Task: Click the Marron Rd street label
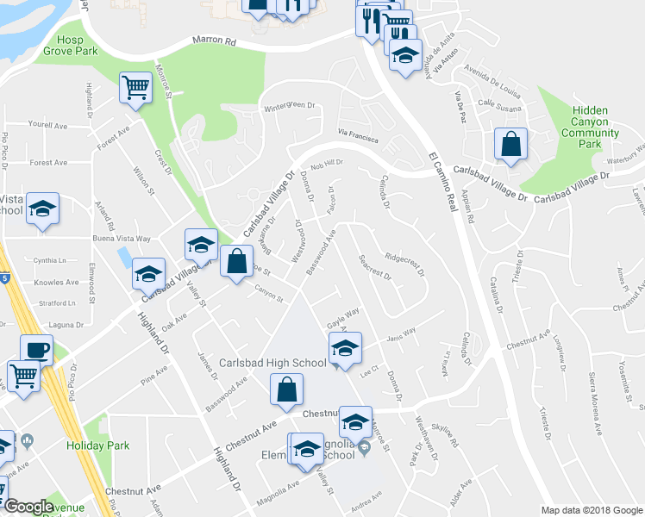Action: [216, 40]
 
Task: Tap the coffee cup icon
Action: [36, 349]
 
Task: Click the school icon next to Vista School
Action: [42, 209]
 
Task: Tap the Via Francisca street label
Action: [360, 134]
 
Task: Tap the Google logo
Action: [28, 507]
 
